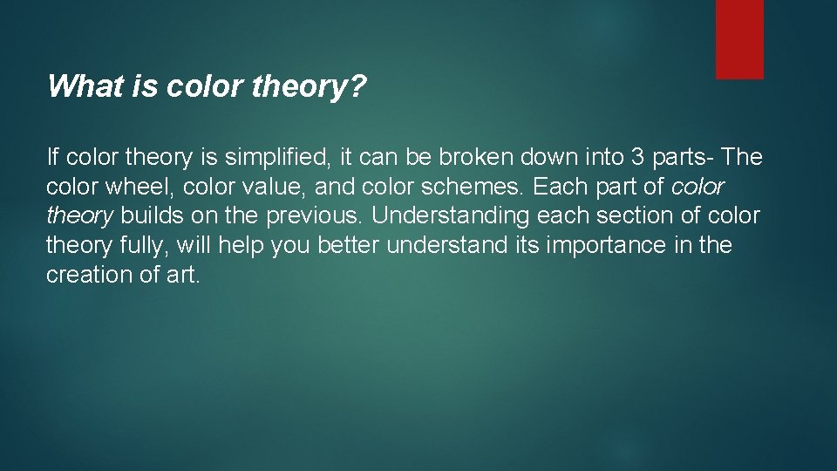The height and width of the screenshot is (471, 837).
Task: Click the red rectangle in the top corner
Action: pos(739,39)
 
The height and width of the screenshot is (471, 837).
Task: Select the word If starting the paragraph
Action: pos(51,158)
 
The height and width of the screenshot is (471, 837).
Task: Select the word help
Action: pos(242,245)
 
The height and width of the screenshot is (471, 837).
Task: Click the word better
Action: pos(349,245)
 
